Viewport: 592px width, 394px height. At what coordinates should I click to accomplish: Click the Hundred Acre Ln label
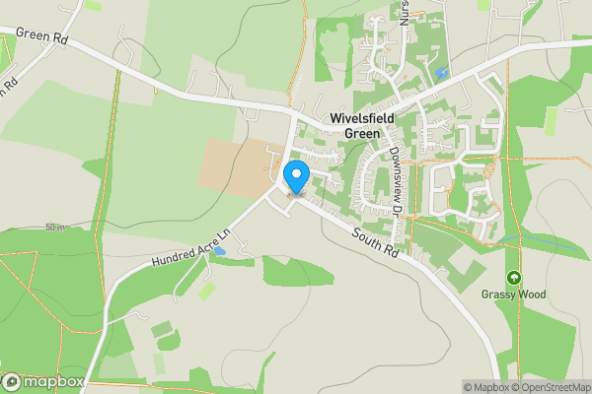pyautogui.click(x=190, y=247)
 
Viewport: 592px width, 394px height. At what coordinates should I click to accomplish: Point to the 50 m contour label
pyautogui.click(x=54, y=227)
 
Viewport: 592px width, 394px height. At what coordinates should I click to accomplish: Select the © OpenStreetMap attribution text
pyautogui.click(x=549, y=386)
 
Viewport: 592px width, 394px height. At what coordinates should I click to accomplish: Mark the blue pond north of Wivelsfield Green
pyautogui.click(x=441, y=73)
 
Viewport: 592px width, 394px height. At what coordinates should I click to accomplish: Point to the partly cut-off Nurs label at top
pyautogui.click(x=405, y=12)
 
